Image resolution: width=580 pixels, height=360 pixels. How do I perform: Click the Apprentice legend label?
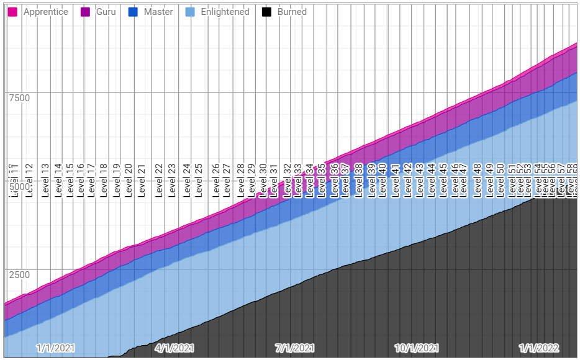click(x=45, y=12)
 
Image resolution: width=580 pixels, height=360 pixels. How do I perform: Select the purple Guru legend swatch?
click(x=86, y=12)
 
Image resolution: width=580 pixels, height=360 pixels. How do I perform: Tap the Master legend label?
click(x=158, y=12)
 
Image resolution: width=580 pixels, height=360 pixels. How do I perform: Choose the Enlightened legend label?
click(x=225, y=12)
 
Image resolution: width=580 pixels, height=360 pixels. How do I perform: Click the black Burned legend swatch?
click(x=266, y=12)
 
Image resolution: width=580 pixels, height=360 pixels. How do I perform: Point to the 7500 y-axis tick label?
click(x=19, y=97)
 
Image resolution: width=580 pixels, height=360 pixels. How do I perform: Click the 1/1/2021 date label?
click(x=55, y=348)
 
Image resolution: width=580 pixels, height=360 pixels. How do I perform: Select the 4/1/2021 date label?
click(x=174, y=348)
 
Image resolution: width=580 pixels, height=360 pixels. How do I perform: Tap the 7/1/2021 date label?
click(x=295, y=348)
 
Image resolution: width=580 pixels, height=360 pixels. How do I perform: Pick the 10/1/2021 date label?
click(x=417, y=348)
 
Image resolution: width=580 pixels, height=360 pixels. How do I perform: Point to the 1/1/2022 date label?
click(x=539, y=348)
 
